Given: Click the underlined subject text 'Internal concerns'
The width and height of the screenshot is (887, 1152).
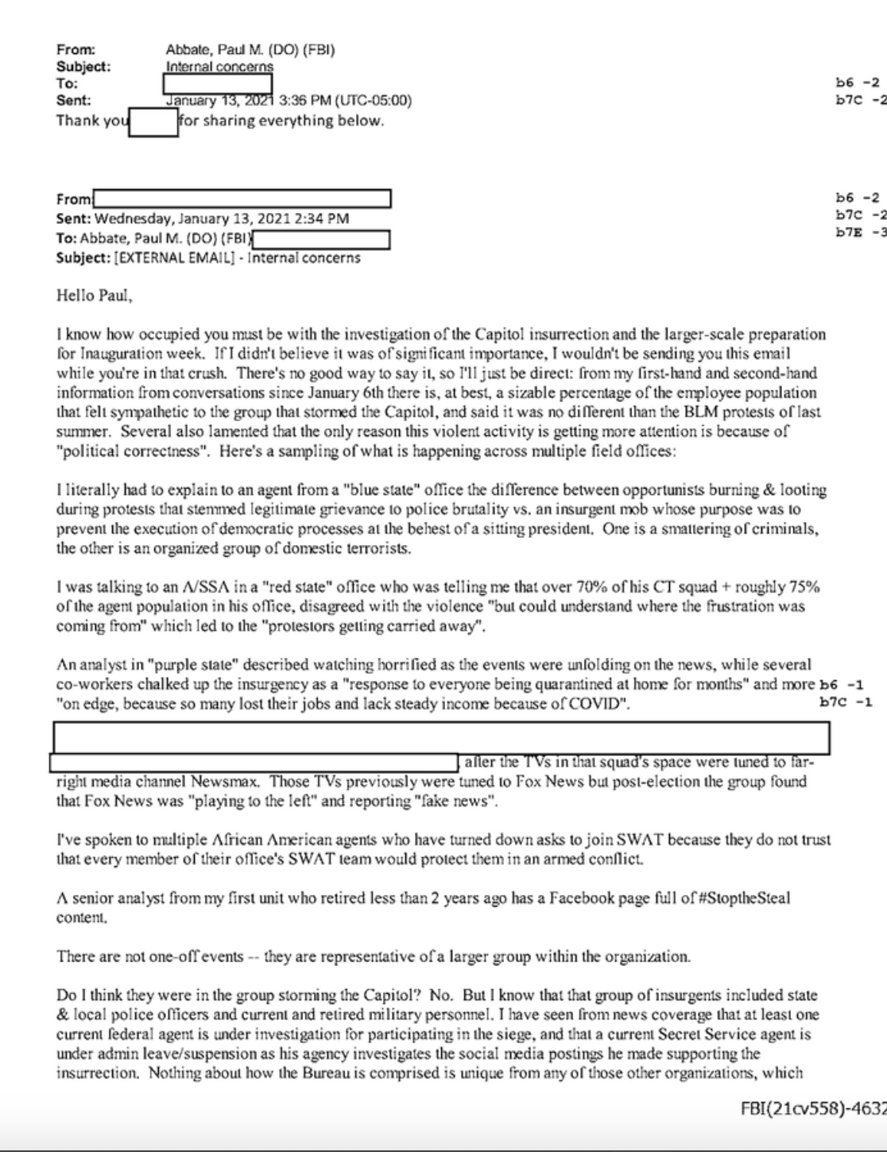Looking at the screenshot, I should click(219, 67).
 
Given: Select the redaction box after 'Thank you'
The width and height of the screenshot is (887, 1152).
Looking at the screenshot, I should click(153, 122).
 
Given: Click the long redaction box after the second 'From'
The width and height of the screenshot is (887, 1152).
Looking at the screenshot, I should click(242, 199).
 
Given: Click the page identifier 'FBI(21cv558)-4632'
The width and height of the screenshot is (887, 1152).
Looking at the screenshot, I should click(813, 1109).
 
